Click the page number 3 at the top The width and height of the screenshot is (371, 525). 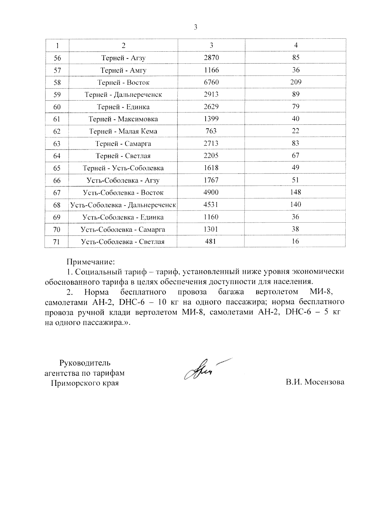click(195, 27)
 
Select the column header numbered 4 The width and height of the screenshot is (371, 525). click(296, 45)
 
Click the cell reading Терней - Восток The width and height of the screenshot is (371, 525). click(123, 82)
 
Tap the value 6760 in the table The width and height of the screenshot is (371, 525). click(211, 82)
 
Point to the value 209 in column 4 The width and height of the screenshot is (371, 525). click(296, 82)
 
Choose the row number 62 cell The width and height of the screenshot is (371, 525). click(57, 131)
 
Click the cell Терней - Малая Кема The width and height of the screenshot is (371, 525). click(123, 131)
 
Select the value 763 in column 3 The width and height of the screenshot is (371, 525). click(211, 131)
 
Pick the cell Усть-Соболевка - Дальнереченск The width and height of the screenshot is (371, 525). click(123, 205)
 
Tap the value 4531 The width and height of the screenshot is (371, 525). click(211, 204)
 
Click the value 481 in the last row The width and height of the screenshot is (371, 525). click(211, 241)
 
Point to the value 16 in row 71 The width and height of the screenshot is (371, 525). click(296, 241)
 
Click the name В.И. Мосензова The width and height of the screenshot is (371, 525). click(315, 382)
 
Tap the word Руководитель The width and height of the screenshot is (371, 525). click(85, 363)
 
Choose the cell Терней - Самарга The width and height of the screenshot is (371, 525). click(123, 143)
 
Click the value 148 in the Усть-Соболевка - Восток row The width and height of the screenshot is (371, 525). click(296, 192)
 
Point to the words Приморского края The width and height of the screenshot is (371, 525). click(85, 383)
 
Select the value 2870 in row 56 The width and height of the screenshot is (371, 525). click(211, 58)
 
